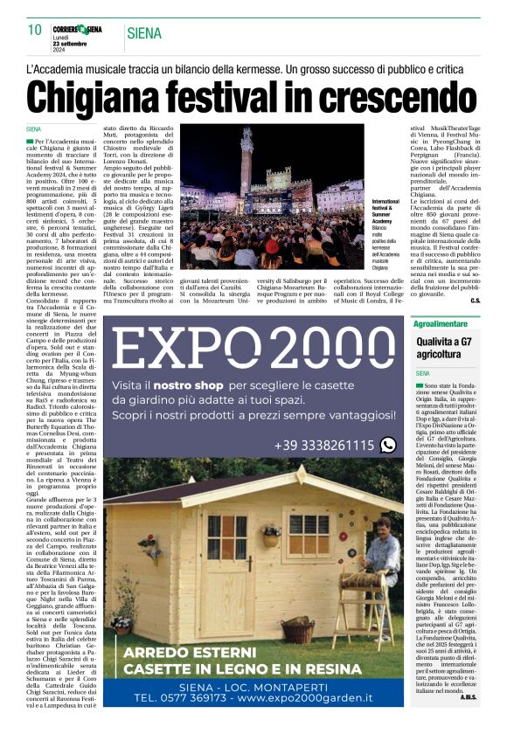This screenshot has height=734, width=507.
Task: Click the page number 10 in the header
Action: (34, 31)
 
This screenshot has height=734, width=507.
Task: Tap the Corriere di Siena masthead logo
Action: (80, 30)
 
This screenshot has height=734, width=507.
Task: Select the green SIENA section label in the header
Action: (144, 34)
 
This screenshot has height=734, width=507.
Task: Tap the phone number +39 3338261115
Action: (323, 446)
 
